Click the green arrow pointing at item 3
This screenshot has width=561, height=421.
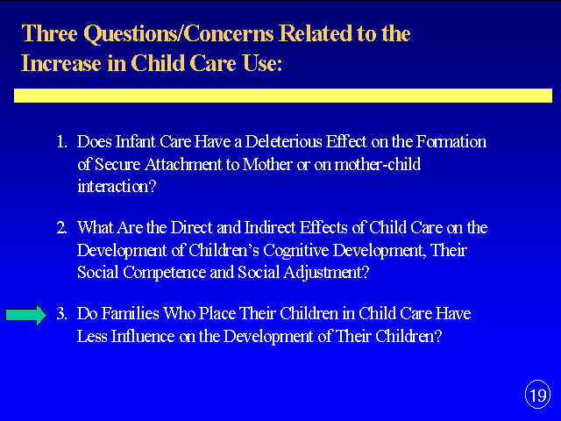[26, 315]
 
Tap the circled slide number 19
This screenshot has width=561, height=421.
[537, 395]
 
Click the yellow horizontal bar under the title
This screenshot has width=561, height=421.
[283, 96]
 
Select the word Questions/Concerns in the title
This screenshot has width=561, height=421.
[179, 34]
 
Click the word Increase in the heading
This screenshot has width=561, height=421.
[60, 63]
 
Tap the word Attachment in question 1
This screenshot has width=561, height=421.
[183, 164]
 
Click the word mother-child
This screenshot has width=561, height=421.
[378, 164]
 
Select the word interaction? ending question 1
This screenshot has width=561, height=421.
[117, 187]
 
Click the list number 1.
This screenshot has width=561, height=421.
[61, 142]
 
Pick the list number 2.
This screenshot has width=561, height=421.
[61, 228]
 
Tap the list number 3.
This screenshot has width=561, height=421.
[61, 314]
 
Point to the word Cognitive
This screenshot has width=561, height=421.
[296, 251]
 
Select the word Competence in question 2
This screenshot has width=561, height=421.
[165, 273]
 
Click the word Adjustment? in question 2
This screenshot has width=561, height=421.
[326, 273]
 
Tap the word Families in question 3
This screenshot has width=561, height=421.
[131, 314]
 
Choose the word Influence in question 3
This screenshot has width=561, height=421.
[143, 336]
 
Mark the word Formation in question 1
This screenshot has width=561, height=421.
[451, 142]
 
